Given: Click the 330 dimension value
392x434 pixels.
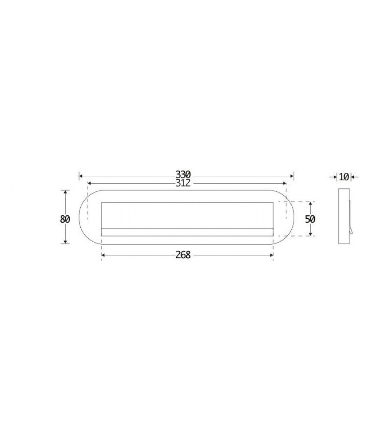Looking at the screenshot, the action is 183,174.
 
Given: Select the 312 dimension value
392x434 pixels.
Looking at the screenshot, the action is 183,183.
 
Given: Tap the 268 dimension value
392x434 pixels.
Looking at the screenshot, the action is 183,255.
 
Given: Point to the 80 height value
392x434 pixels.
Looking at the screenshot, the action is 65,219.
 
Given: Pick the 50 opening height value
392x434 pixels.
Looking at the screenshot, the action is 310,219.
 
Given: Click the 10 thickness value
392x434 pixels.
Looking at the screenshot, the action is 344,177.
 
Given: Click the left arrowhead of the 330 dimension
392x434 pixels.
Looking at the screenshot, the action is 81,176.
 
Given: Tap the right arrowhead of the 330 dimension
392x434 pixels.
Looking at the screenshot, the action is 292,176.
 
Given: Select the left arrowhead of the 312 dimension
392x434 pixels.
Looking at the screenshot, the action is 89,183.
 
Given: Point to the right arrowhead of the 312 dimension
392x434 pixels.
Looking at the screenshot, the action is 284,183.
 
